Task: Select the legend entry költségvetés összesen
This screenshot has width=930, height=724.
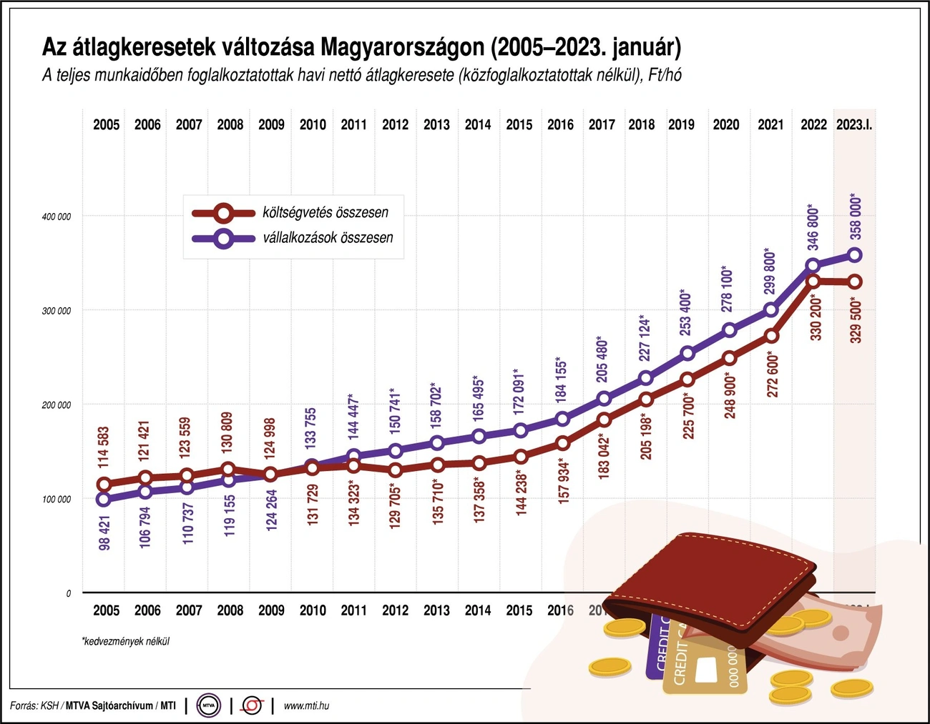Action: coord(325,212)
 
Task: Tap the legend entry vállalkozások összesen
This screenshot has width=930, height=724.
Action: coord(328,238)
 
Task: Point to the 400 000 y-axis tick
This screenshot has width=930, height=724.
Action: coord(57,217)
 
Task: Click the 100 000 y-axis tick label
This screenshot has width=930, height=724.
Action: coord(57,499)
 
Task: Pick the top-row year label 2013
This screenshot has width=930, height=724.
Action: coord(436,124)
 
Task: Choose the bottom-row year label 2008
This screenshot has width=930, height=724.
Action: coord(230,610)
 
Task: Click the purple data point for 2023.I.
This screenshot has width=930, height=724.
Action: coord(854,255)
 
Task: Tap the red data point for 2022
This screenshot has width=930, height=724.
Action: coord(813,281)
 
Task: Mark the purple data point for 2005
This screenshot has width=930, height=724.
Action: coord(104,500)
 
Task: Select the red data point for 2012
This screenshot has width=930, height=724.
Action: coord(395,470)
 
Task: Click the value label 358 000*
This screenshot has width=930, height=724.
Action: coord(856,217)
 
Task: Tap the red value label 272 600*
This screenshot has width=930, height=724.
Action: coord(772,374)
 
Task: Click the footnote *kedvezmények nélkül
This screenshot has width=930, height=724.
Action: coord(126,641)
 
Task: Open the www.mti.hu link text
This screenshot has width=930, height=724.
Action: coord(306,705)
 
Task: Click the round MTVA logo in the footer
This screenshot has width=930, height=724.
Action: coord(209,705)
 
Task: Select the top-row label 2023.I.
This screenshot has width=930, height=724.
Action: coord(854,124)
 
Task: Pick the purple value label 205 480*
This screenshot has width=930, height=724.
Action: coord(602,359)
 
